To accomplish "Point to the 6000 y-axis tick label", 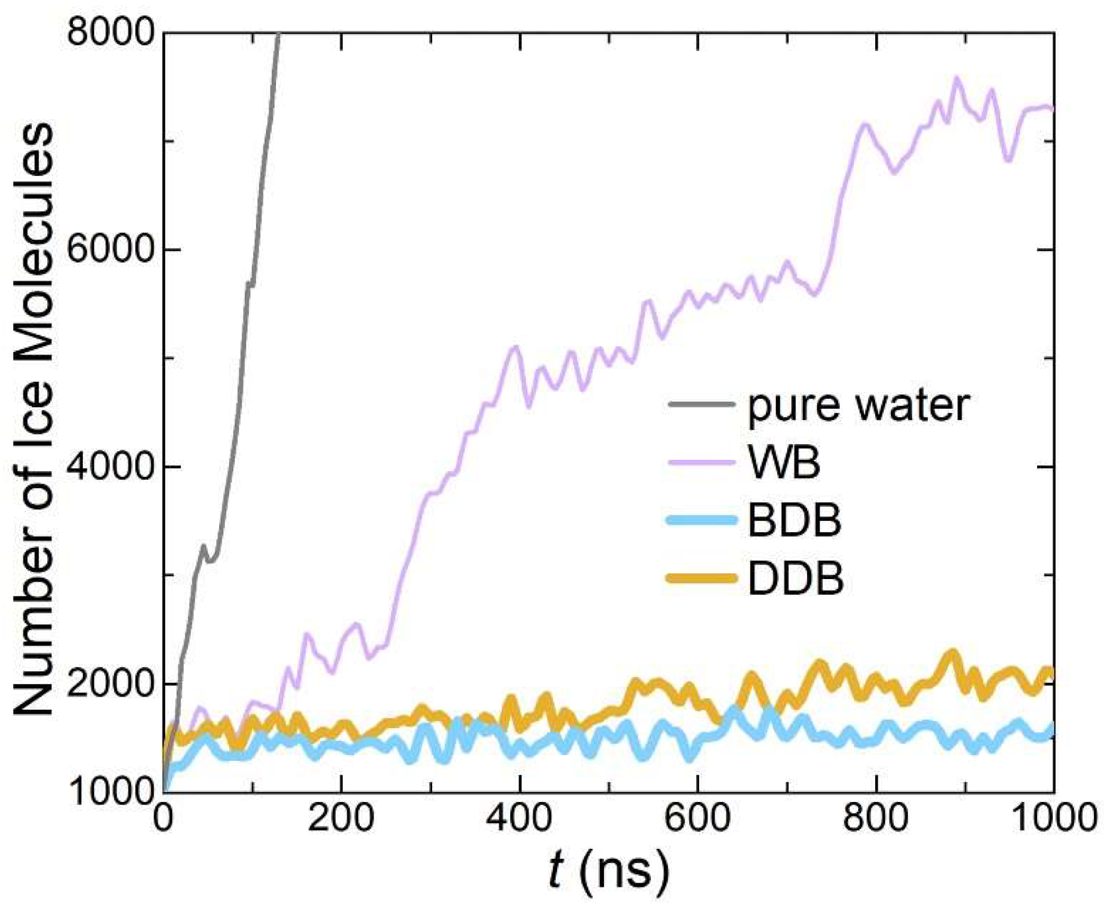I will pos(111,249).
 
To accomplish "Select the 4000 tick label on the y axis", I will pos(111,467).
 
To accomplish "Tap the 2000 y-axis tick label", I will pos(111,684).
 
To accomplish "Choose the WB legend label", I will pos(784,463).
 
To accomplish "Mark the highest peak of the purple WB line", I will pos(956,78).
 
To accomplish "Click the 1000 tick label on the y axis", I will pos(111,792).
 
